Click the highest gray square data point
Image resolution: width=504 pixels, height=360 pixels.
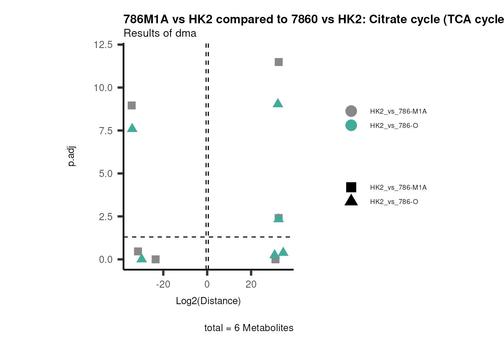[x=279, y=62]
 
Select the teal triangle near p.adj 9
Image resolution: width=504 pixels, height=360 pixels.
[x=278, y=103]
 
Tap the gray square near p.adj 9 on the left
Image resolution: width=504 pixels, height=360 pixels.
[x=132, y=105]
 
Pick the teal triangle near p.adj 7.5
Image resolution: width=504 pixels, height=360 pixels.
[x=132, y=128]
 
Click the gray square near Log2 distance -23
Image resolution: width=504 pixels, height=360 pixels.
[x=156, y=259]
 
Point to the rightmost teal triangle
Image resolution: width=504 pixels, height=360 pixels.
[x=283, y=252]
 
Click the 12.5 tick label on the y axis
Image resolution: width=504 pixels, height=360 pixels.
[x=103, y=45]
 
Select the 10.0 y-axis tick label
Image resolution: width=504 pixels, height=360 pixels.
[x=103, y=88]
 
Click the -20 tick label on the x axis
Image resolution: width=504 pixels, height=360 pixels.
[x=163, y=284]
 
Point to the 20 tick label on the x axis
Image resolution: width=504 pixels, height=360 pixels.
[x=251, y=284]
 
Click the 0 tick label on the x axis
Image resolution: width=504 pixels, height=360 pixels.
[x=207, y=284]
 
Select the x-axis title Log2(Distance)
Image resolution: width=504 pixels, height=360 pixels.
[x=208, y=301]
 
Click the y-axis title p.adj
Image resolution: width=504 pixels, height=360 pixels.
[x=71, y=156]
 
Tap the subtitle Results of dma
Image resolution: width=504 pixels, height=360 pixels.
[x=160, y=33]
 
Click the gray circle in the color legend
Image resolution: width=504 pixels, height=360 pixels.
[x=351, y=111]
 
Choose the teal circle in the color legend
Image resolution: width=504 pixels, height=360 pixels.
[x=351, y=125]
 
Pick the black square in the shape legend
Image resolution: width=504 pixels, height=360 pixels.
[x=351, y=187]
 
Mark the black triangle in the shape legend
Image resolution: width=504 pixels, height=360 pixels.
[x=351, y=201]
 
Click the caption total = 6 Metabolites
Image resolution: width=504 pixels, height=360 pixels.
[x=249, y=328]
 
